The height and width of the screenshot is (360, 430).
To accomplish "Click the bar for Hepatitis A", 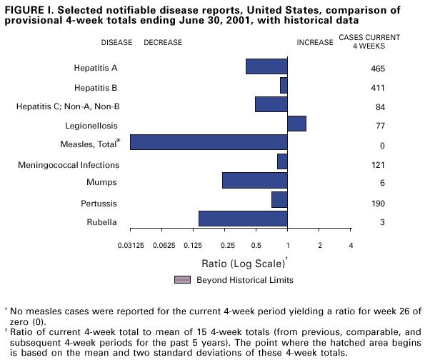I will pyautogui.click(x=266, y=66).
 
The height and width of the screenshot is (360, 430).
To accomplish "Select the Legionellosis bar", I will pyautogui.click(x=296, y=124).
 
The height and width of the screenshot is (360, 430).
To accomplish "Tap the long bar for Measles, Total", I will pyautogui.click(x=209, y=142).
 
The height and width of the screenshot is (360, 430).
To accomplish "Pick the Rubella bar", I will pyautogui.click(x=243, y=219).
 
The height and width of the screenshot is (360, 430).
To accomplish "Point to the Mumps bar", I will pyautogui.click(x=254, y=180).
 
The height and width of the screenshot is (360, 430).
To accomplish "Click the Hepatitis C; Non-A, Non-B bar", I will pyautogui.click(x=271, y=104).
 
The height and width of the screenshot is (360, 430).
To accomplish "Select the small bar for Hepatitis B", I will pyautogui.click(x=284, y=86).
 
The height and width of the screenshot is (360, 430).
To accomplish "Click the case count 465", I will pyautogui.click(x=379, y=69).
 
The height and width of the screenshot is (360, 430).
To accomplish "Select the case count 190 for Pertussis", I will pyautogui.click(x=379, y=204).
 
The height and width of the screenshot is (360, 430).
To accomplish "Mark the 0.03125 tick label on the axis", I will pyautogui.click(x=129, y=246).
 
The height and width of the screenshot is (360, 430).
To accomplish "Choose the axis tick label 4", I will pyautogui.click(x=351, y=246).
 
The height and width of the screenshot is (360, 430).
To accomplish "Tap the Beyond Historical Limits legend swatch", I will pyautogui.click(x=182, y=279).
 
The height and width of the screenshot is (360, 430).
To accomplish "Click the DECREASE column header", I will pyautogui.click(x=163, y=42).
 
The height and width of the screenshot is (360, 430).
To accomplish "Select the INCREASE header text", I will pyautogui.click(x=315, y=42).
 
